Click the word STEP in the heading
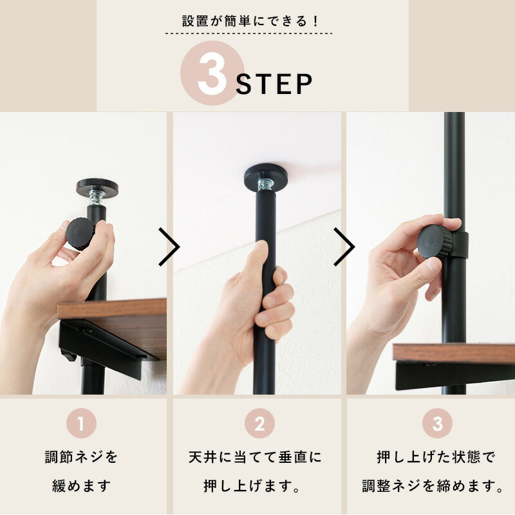click(275, 84)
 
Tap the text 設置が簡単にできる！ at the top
click(250, 21)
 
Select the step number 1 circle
click(81, 424)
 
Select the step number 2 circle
click(259, 424)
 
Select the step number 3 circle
click(438, 424)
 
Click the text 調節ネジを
click(82, 458)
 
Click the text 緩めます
click(82, 485)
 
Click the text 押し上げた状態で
click(436, 458)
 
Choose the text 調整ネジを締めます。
click(432, 485)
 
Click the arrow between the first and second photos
click(169, 246)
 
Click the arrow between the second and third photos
click(344, 246)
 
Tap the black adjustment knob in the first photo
click(80, 233)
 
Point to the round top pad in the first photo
click(97, 187)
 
